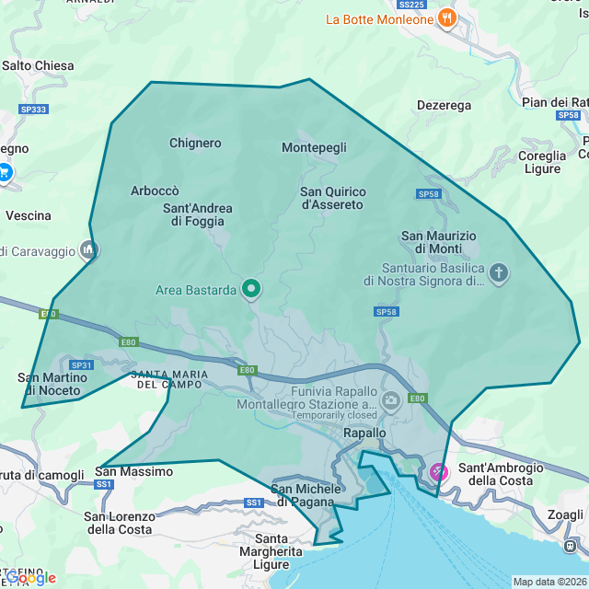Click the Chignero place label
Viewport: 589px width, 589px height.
pos(195,143)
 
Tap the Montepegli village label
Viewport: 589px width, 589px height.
pos(314,147)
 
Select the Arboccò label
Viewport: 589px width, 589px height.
pos(155,191)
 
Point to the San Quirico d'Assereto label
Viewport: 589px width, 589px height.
pos(332,198)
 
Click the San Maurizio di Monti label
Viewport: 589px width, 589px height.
pos(439,242)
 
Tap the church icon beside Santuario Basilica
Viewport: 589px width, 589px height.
pos(499,273)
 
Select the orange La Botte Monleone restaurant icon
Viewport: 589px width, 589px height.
pos(446,18)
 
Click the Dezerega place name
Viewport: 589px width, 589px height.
pos(444,106)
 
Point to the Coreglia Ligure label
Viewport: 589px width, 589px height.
pos(542,162)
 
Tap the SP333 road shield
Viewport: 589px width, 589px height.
pos(33,109)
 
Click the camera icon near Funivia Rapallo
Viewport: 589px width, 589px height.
pos(391,398)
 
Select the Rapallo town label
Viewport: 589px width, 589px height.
pos(364,433)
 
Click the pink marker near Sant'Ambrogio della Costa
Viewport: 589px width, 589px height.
pos(439,472)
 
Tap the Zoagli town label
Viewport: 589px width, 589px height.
pos(564,515)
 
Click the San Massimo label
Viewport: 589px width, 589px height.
pos(134,471)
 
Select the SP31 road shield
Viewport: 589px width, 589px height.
pos(81,365)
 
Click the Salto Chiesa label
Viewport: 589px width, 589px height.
pos(38,65)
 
